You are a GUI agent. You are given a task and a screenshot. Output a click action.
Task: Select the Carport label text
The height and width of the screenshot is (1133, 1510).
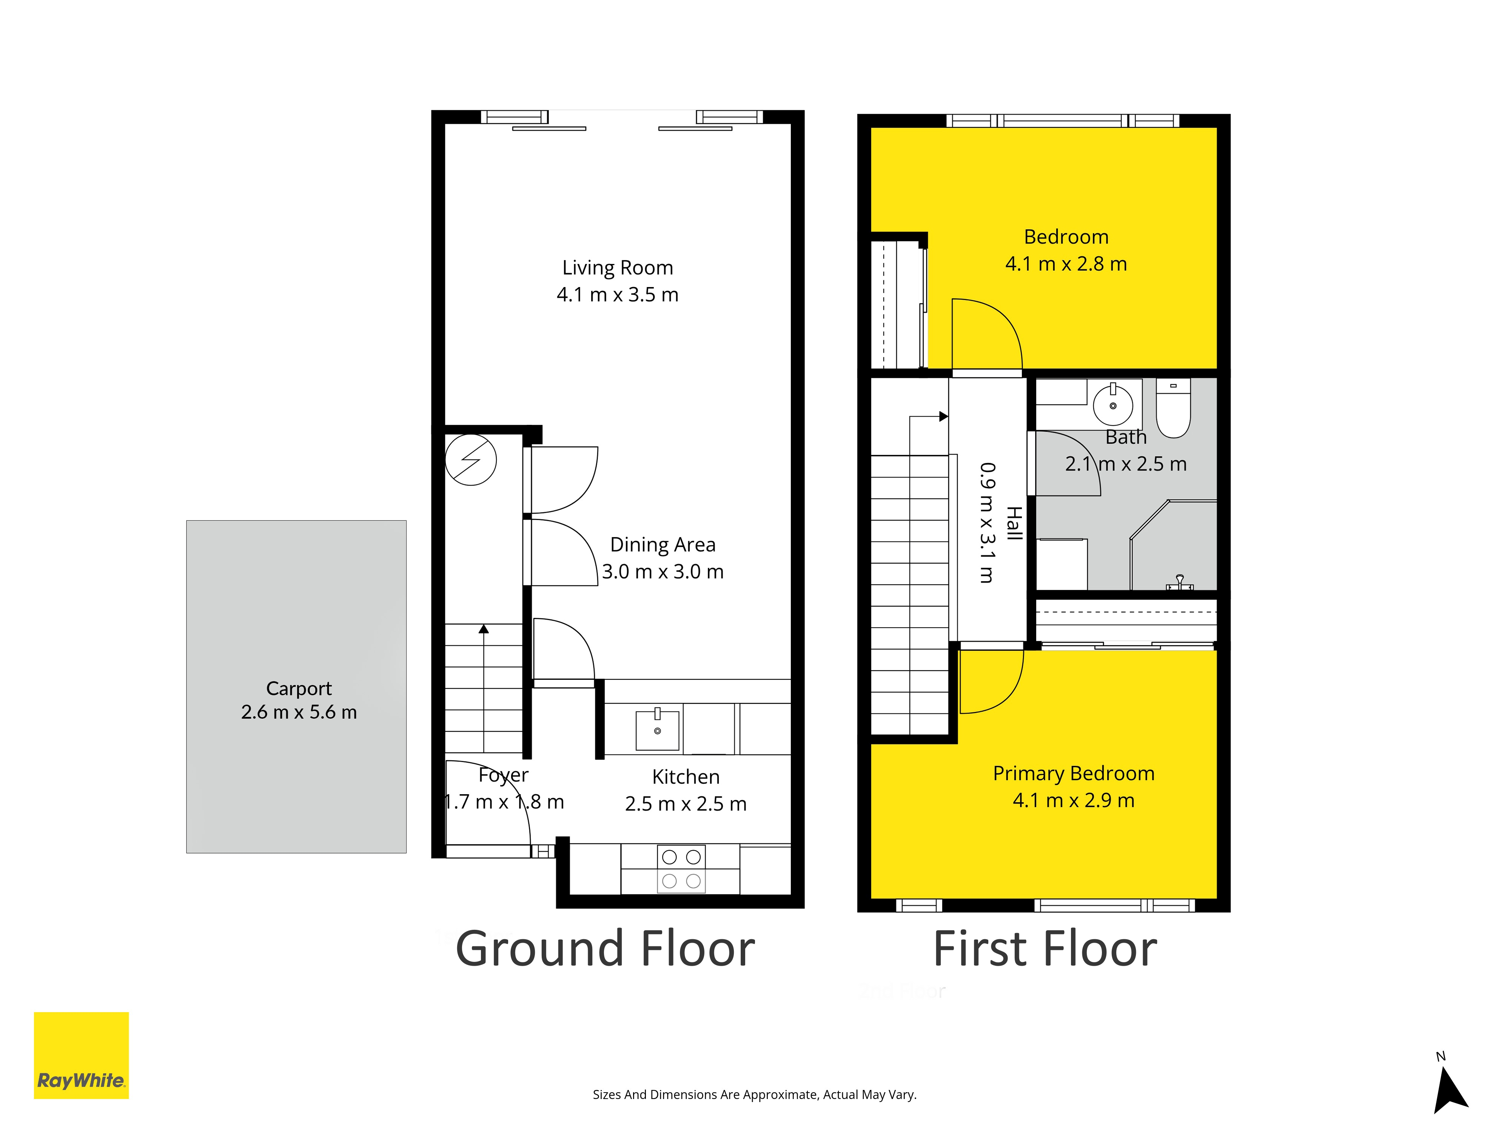(299, 688)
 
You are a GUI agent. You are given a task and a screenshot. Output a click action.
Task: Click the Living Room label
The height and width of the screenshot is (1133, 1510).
(618, 268)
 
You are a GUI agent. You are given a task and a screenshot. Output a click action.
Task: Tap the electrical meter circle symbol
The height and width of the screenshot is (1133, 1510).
(471, 460)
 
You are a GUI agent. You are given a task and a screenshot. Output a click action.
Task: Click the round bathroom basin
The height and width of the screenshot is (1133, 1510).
(1113, 405)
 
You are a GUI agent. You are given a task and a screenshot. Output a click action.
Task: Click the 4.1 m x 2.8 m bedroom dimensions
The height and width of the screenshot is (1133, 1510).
(1066, 264)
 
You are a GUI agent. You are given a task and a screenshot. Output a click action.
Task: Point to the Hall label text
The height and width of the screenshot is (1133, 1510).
(1014, 524)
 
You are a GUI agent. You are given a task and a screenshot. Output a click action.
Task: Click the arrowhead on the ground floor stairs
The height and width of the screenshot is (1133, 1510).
(484, 628)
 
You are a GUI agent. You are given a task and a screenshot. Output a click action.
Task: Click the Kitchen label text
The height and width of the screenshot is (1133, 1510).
(686, 777)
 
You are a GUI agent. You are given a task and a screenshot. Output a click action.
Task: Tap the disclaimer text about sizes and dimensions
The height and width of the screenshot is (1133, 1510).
(754, 1095)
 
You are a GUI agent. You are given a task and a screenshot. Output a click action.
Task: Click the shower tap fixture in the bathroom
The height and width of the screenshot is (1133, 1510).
(1180, 582)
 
